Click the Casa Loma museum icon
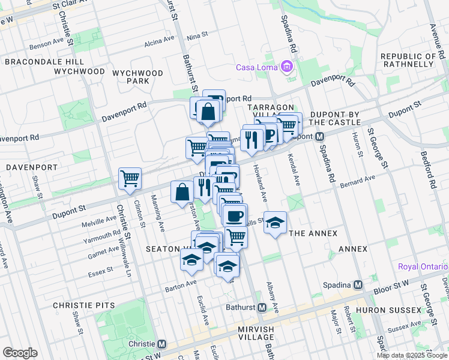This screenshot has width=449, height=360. tap(287, 67)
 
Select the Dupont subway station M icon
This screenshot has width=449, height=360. tap(321, 137)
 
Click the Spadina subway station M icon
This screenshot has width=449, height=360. tap(358, 284)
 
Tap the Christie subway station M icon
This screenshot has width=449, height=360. tap(161, 344)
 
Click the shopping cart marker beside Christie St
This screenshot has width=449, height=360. tap(130, 178)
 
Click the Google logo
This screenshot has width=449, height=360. tap(20, 353)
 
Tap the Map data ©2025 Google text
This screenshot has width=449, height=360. tap(412, 355)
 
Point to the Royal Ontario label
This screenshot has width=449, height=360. tap(423, 266)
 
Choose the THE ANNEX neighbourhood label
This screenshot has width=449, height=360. tap(313, 233)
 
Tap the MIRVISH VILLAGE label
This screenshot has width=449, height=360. tap(247, 329)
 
